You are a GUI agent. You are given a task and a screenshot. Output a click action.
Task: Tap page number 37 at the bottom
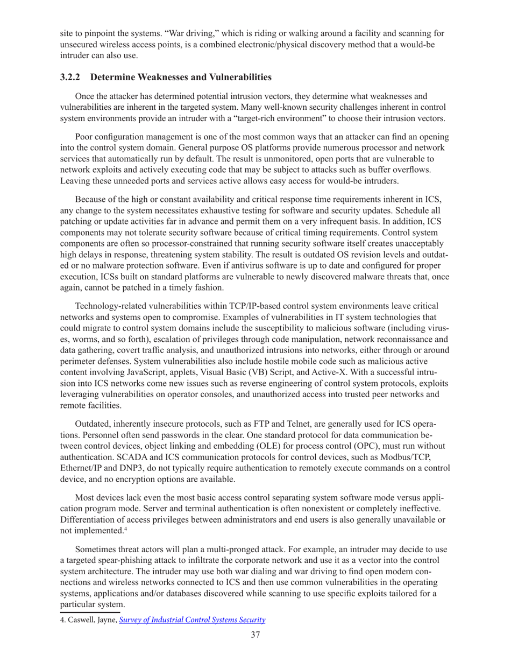256,636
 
